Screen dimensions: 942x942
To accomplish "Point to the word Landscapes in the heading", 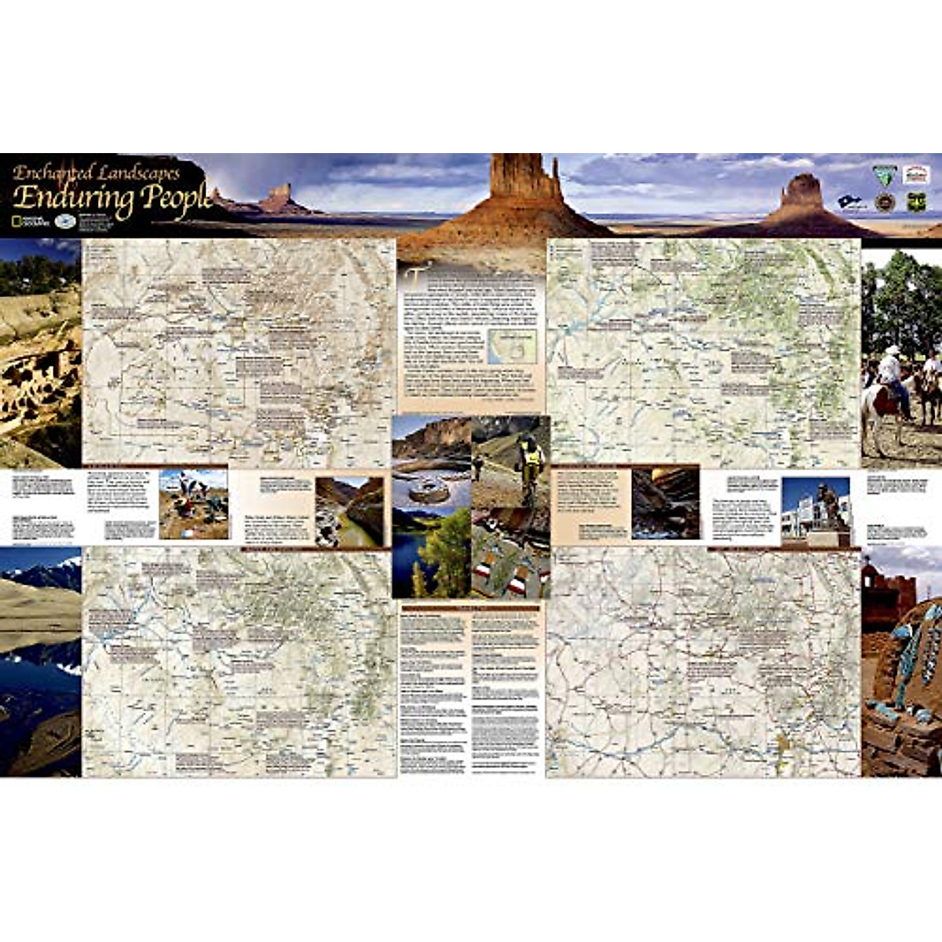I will pos(141,173).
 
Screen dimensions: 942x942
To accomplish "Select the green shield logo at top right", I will pos(916,201).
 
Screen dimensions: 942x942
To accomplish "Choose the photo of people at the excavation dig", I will pos(193,505).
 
